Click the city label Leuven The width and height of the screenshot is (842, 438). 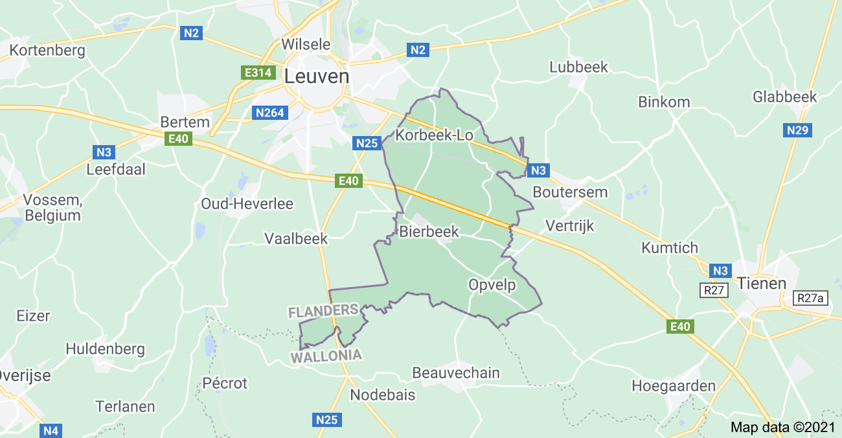point(317,76)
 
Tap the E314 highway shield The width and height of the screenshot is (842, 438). point(257,73)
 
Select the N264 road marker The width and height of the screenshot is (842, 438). point(269,113)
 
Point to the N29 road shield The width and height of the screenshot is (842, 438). point(798,130)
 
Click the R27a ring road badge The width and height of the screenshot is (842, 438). point(812,299)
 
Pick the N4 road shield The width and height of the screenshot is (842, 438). point(51,430)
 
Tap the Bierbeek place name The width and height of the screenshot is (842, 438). point(429,231)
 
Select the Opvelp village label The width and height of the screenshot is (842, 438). point(492,284)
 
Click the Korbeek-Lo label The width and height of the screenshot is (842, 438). point(435,135)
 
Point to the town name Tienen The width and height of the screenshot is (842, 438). point(761,283)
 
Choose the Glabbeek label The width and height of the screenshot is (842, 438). point(785,97)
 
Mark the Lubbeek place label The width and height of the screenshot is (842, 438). point(578,67)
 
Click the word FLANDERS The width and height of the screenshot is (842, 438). point(323,312)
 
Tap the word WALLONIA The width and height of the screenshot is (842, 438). point(326,356)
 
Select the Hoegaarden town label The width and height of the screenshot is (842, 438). point(674,386)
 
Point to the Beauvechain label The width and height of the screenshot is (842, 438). point(456,373)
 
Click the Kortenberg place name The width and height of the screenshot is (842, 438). point(47,51)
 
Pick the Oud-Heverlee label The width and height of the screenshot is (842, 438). point(247,203)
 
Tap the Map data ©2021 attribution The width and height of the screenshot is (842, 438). point(783,428)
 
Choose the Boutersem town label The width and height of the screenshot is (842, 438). point(570,192)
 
